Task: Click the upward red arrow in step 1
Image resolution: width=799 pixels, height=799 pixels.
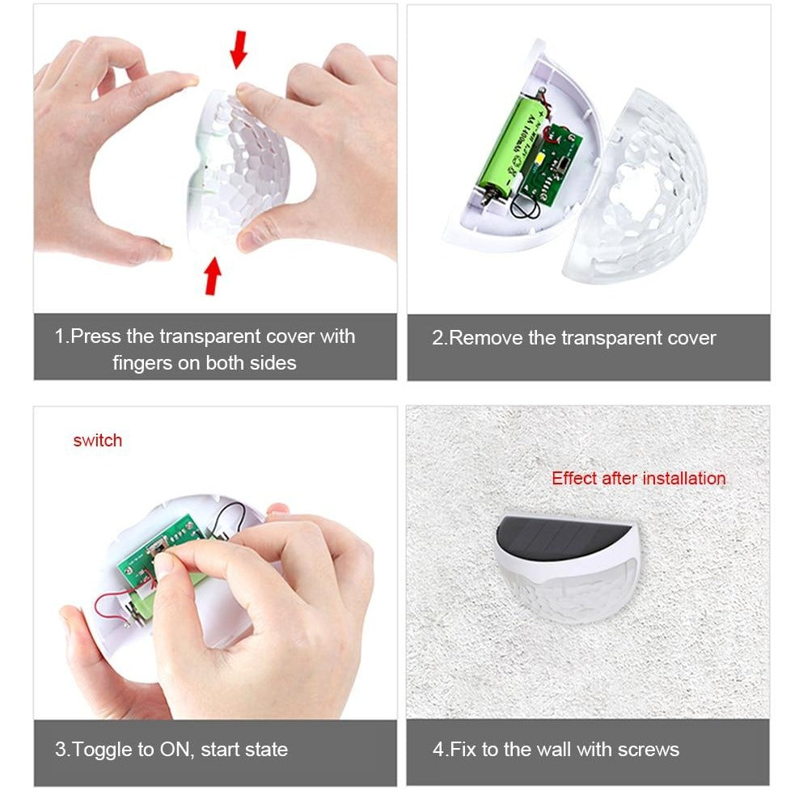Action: point(213,276)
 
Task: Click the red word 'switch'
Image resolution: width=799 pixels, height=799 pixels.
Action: point(97,440)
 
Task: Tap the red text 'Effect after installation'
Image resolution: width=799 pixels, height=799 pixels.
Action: point(639,479)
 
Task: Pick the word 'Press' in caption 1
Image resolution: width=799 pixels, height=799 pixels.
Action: point(95,336)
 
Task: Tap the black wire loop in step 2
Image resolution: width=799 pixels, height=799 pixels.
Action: point(525,205)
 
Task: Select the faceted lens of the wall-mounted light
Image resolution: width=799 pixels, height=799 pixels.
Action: point(571,591)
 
